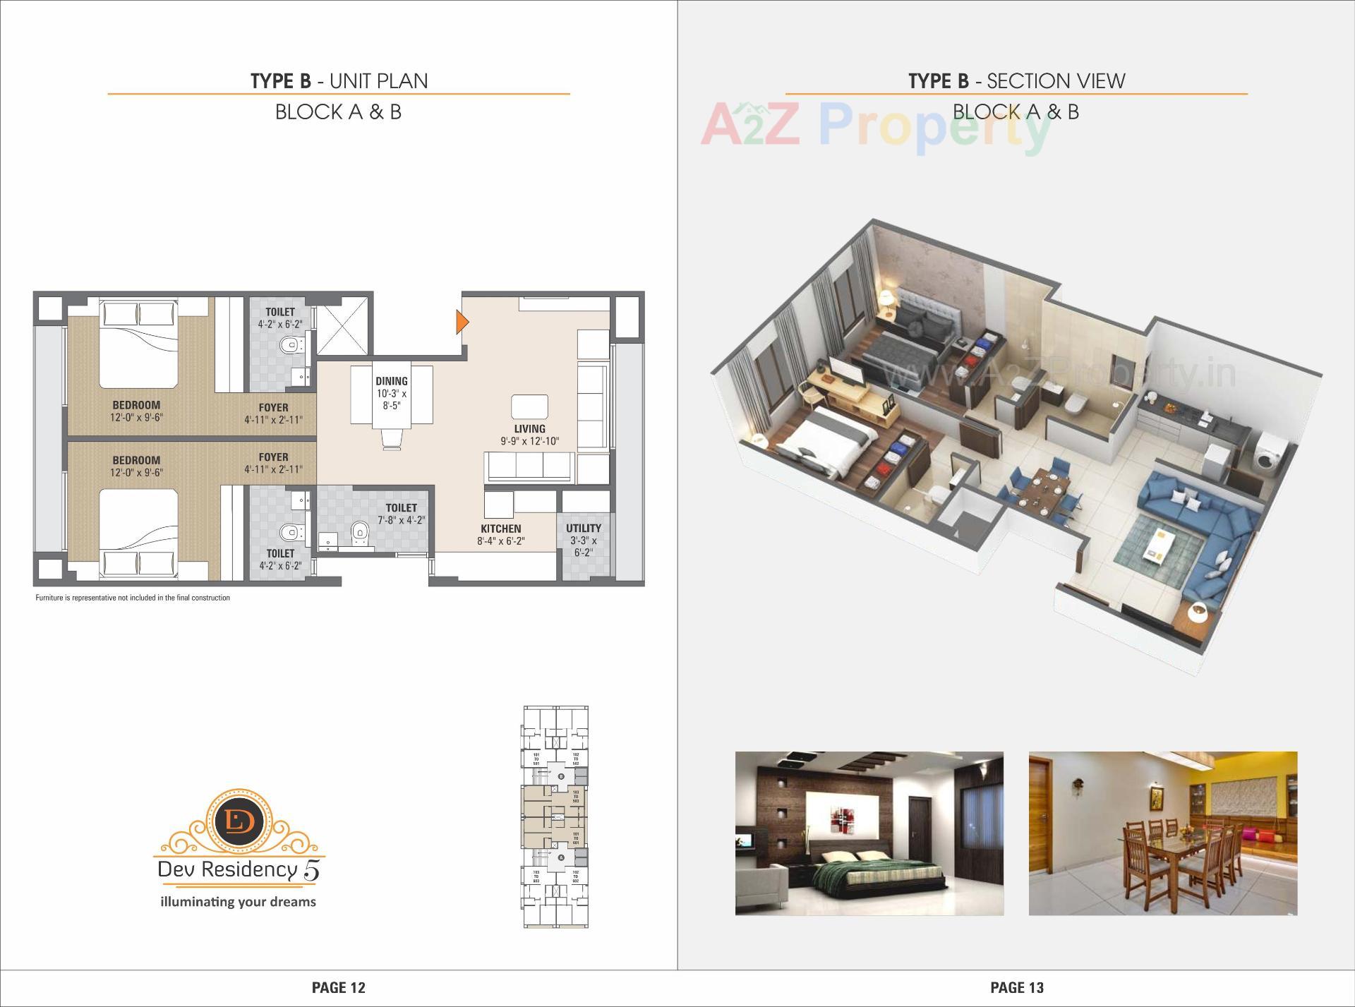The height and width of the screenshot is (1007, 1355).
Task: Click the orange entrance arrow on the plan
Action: pos(462,322)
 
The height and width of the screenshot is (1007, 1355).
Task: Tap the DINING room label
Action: pos(391,382)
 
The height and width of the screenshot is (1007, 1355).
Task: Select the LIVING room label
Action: pos(529,429)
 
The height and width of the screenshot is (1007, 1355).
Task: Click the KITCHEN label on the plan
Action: pos(501,529)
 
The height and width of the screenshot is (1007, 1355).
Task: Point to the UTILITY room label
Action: pos(584,528)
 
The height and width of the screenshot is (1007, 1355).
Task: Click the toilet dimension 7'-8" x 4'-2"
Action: pos(401,521)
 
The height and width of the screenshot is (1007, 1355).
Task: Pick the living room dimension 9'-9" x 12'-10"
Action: pos(529,442)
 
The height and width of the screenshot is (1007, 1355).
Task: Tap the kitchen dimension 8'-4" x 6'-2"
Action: pos(501,541)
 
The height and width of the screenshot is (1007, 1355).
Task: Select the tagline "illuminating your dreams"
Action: pos(239,902)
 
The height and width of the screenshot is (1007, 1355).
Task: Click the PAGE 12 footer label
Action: pos(339,988)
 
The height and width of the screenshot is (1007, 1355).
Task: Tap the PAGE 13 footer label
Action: pos(1017,988)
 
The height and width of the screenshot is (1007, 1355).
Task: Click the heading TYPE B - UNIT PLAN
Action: pos(339,81)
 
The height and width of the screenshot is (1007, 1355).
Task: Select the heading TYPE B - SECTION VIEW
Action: pos(1016,81)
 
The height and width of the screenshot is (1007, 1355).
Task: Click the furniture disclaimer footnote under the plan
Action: pos(133,598)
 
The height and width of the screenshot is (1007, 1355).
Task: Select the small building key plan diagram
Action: pos(555,817)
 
